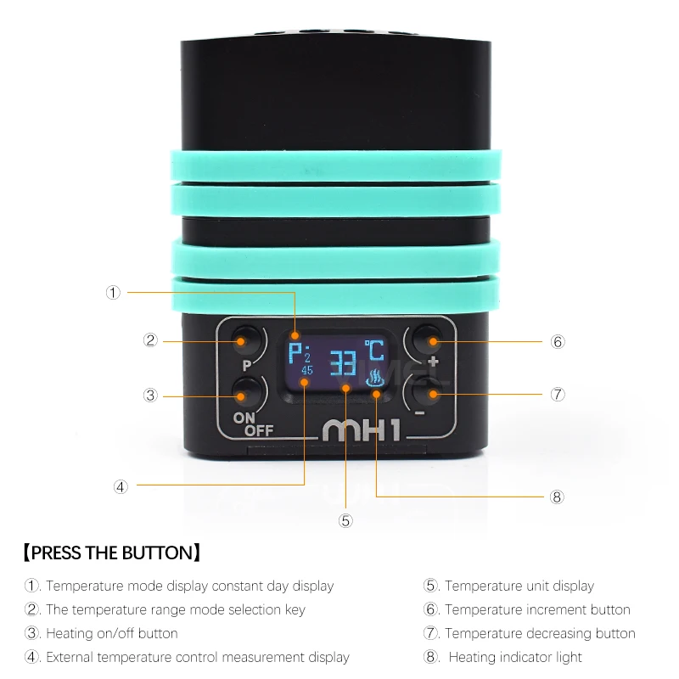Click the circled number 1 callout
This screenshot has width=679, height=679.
point(113,292)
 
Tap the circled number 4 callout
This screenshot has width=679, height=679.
point(121,486)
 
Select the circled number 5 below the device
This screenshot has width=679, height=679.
point(345,520)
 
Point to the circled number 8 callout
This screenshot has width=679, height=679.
point(558,497)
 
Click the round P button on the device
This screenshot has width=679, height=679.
point(245,341)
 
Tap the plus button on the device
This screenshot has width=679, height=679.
point(430,341)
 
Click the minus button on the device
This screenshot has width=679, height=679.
point(430,394)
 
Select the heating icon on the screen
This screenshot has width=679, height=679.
point(374,379)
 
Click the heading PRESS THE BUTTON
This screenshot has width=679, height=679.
point(112,553)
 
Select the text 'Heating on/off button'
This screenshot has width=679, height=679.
point(111,633)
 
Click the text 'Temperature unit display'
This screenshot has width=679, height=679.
point(519,586)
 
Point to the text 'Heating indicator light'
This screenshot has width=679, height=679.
point(515,657)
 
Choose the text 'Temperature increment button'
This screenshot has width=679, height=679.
point(537,609)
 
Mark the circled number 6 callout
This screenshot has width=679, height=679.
point(558,342)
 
